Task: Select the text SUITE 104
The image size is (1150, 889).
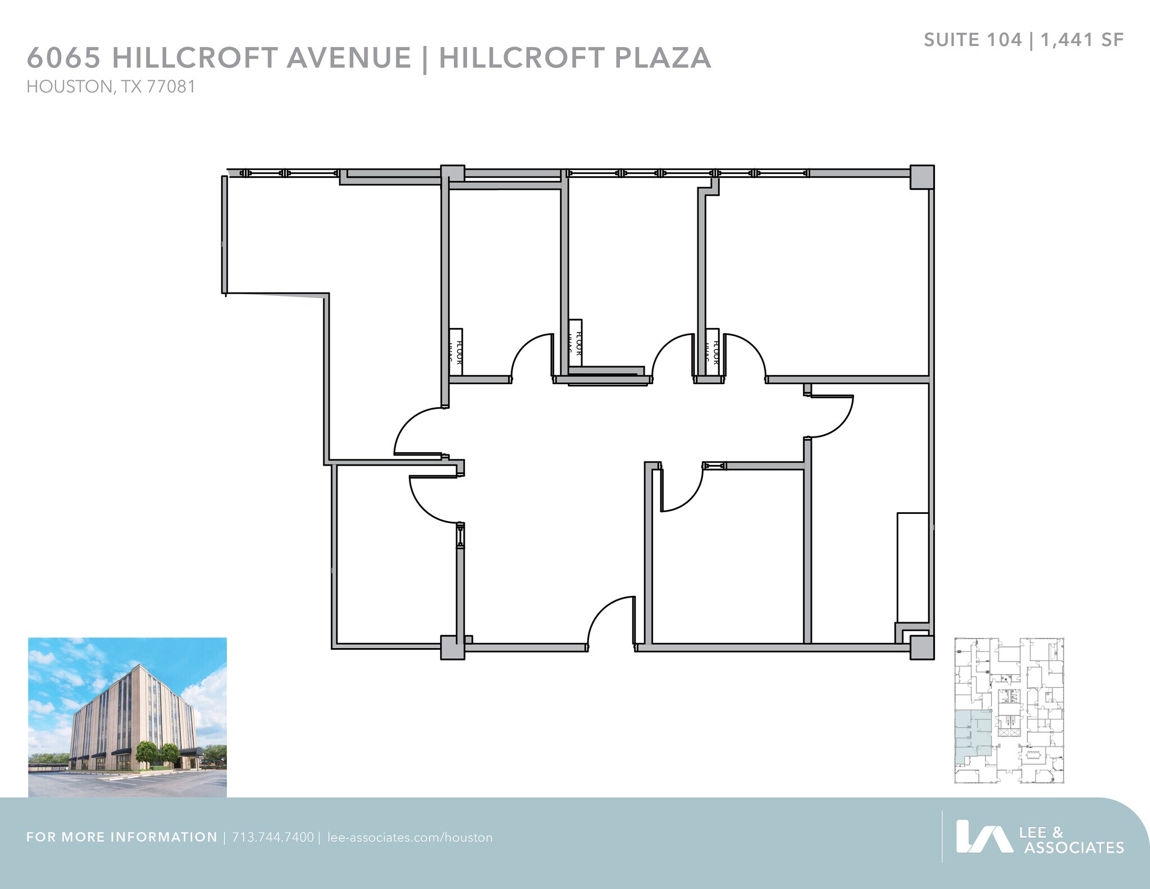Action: click(x=973, y=40)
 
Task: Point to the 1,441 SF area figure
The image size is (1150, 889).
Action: click(x=1082, y=40)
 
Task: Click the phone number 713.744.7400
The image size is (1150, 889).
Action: click(x=273, y=837)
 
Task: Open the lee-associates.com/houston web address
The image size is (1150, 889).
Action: click(x=409, y=837)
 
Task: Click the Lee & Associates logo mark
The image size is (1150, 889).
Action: click(x=984, y=837)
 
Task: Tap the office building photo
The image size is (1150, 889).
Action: click(x=127, y=717)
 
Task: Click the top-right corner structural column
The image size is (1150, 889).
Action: click(x=921, y=177)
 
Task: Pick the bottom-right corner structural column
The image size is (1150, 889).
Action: click(x=921, y=646)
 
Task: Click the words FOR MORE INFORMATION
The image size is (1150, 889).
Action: click(x=122, y=837)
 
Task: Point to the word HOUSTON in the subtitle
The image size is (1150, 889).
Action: click(x=70, y=87)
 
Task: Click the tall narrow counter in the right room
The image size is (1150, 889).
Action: click(x=912, y=567)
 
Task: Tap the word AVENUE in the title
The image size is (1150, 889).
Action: click(x=349, y=58)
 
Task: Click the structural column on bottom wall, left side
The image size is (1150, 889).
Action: click(x=452, y=647)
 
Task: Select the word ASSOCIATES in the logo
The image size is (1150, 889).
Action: click(x=1074, y=847)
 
